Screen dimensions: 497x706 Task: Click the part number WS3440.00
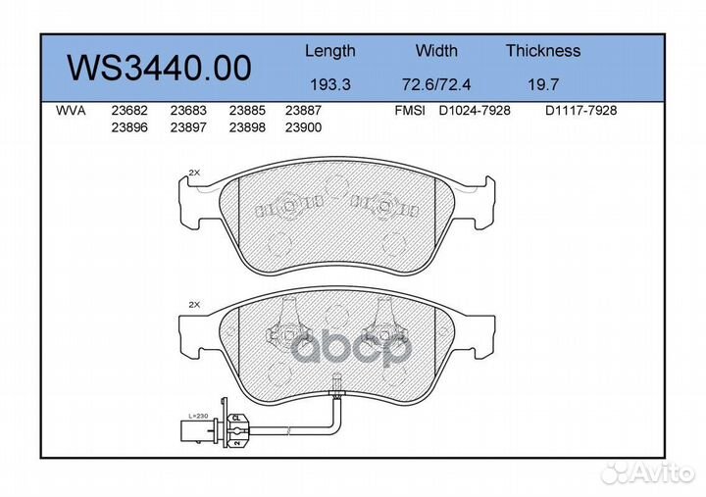(158, 68)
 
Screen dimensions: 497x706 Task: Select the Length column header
(329, 51)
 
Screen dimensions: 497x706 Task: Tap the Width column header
(436, 51)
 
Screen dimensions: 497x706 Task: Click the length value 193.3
(329, 84)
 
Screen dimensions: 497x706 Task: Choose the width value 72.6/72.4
(436, 84)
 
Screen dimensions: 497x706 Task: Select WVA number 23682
(127, 112)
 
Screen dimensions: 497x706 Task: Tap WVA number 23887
(303, 112)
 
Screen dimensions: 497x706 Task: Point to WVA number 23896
(127, 127)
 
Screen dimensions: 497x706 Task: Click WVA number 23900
(303, 127)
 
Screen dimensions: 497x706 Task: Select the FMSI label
(408, 112)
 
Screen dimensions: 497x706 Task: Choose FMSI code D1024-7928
(475, 112)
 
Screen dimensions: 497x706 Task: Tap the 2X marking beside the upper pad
(193, 173)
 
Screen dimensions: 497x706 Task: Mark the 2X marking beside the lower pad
(193, 305)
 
